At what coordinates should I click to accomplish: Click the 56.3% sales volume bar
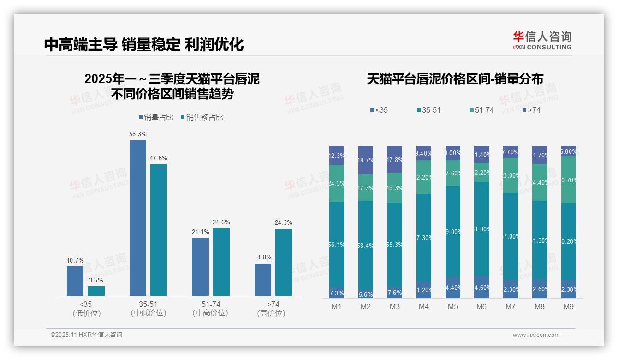[137, 218]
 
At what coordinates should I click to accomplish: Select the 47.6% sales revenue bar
[159, 230]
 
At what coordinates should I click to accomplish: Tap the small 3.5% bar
[96, 291]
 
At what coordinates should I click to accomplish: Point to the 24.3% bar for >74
[284, 262]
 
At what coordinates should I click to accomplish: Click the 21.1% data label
[200, 232]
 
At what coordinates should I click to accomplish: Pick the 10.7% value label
[75, 260]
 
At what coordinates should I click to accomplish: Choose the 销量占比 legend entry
[156, 118]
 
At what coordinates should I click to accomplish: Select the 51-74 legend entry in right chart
[481, 110]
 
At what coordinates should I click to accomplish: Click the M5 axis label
[452, 307]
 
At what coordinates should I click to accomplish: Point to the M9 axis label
[568, 307]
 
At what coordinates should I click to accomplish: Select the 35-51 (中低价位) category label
[148, 308]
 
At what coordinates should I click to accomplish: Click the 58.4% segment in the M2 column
[366, 246]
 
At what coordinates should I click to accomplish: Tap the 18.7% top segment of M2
[366, 160]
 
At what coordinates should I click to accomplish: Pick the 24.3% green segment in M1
[337, 183]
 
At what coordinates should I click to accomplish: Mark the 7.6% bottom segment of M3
[394, 292]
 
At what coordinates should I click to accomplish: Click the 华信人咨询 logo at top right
[542, 40]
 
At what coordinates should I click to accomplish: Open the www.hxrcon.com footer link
[536, 335]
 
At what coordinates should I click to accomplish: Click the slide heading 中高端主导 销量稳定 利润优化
[144, 44]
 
